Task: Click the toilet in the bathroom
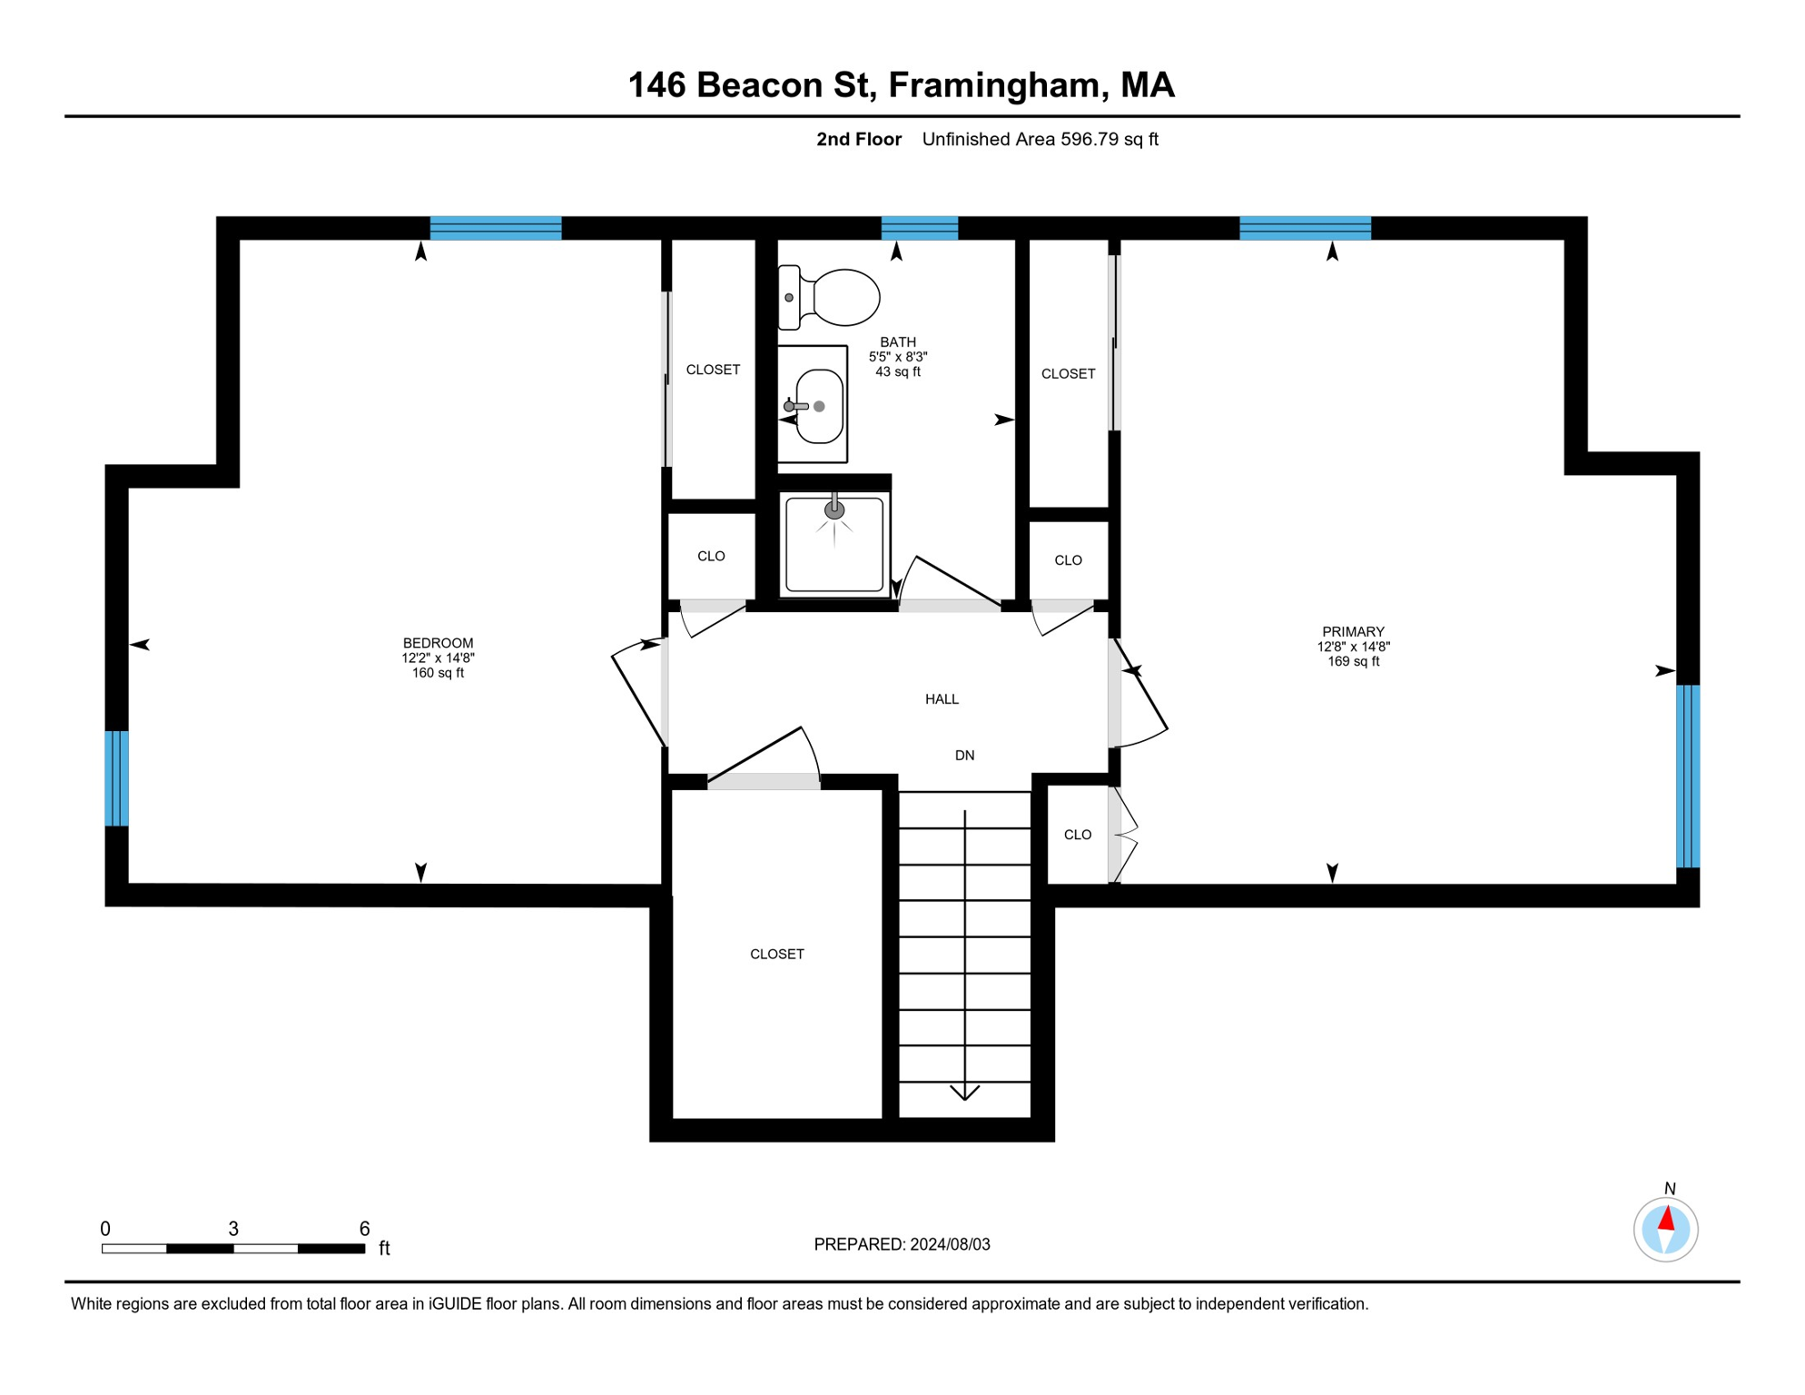click(x=831, y=297)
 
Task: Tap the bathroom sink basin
click(x=819, y=406)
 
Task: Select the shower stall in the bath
click(x=833, y=543)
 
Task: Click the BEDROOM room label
click(x=438, y=643)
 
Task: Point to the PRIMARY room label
click(x=1353, y=631)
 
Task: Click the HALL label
click(x=942, y=698)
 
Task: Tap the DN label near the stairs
click(x=964, y=755)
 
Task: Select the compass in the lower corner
click(x=1665, y=1230)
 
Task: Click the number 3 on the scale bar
click(x=233, y=1229)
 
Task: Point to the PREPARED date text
click(x=902, y=1244)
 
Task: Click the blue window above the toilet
click(x=919, y=227)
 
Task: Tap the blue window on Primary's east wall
click(x=1687, y=777)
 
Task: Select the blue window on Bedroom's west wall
click(x=116, y=778)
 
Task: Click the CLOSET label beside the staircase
click(x=776, y=954)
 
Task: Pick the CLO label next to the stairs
click(x=1077, y=835)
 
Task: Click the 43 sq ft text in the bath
click(x=897, y=371)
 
